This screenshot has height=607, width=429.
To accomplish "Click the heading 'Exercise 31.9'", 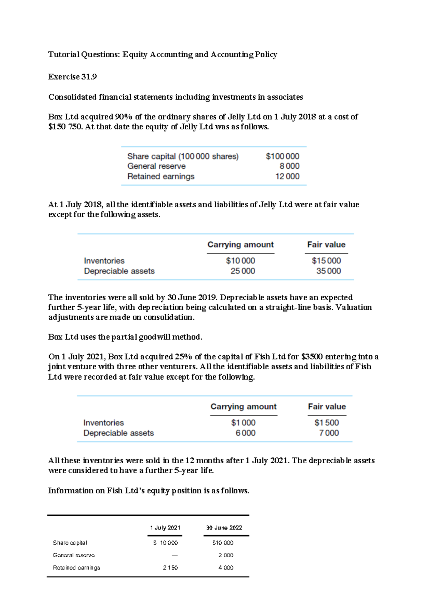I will coord(73,77).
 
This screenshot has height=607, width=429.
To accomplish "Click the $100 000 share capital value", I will coord(282,156).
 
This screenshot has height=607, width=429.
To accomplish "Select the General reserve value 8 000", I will coord(289,166).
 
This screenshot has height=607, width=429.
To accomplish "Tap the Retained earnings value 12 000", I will coord(287,176).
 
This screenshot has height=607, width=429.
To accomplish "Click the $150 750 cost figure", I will coord(65,127).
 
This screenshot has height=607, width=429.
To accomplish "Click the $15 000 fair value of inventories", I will coord(326,261).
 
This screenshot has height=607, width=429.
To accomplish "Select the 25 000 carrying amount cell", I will coord(242,271).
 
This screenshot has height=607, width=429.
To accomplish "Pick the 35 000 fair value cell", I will coord(328,271).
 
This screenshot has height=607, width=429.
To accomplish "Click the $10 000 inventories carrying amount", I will coord(240,261).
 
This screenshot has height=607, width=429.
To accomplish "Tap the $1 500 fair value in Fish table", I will coord(326,423).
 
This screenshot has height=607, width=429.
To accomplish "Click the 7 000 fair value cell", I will coord(329,433).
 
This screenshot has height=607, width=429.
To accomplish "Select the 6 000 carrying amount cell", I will coord(245,433).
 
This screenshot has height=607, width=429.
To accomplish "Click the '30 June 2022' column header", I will coord(224,528).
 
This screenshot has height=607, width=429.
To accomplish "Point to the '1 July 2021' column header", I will coord(165,528).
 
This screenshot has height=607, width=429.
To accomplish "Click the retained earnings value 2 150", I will coord(170,568).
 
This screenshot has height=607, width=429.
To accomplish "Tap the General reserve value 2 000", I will coord(226,555).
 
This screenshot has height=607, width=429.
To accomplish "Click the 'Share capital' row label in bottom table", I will coord(70,543).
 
